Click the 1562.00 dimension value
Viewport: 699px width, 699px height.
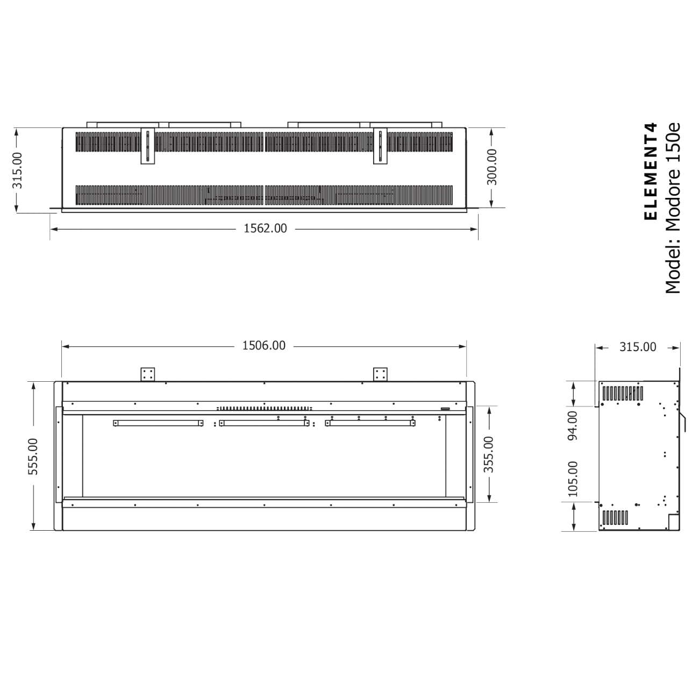(x=265, y=229)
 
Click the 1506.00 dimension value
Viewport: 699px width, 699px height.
(x=263, y=346)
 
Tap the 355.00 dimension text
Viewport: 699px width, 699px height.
(x=488, y=454)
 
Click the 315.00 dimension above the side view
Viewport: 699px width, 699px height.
(x=638, y=347)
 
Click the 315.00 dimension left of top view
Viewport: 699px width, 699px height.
(x=18, y=170)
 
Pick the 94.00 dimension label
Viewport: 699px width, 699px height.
(x=573, y=425)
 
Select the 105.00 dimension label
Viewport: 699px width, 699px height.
(x=573, y=478)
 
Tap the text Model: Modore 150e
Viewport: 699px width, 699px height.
(x=673, y=209)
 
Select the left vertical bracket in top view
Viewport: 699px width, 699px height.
(x=147, y=146)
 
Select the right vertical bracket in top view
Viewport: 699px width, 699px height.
(x=380, y=146)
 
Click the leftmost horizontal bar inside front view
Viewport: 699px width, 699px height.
(x=158, y=423)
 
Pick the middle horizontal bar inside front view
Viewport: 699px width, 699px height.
(x=264, y=423)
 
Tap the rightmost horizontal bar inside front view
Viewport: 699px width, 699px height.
(x=370, y=423)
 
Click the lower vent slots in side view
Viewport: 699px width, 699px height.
(x=615, y=518)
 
